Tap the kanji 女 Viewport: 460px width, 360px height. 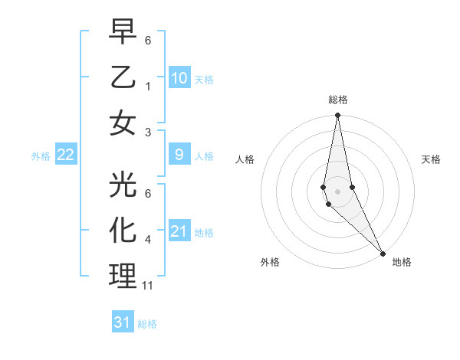tap(123, 123)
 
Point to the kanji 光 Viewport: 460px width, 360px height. tap(123, 184)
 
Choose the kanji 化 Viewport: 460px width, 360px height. tap(123, 230)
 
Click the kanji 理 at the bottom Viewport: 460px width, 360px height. tap(123, 275)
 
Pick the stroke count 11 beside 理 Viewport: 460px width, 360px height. tap(148, 286)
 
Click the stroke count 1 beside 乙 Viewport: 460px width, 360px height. tap(148, 86)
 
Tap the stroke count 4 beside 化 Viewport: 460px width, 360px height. tap(148, 240)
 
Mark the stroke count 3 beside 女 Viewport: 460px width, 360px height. tap(148, 132)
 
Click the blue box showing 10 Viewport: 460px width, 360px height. tap(179, 78)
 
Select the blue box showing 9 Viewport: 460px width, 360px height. tap(179, 155)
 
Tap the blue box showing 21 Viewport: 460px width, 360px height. tap(179, 231)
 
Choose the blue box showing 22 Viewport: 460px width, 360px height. tap(66, 155)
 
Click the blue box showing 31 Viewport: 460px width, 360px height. tap(123, 322)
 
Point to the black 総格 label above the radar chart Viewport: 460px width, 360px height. tap(338, 100)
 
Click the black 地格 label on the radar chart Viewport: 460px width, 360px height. tap(402, 262)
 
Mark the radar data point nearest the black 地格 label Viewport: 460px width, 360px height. tap(383, 252)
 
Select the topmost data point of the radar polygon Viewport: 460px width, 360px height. tap(338, 116)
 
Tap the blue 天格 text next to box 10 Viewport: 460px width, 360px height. tap(204, 79)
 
